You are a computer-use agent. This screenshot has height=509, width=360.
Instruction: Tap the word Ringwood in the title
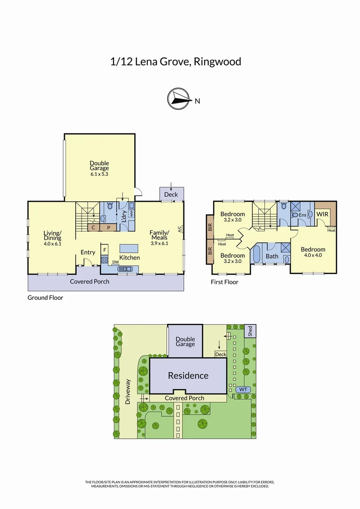(x=218, y=62)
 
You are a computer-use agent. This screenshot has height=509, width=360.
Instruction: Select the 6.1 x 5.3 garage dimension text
(x=99, y=174)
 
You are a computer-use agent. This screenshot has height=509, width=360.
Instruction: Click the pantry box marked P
(x=108, y=227)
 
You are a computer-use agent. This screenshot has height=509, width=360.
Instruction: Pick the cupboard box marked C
(x=93, y=227)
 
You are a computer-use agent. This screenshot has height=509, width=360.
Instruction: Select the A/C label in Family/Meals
(x=180, y=230)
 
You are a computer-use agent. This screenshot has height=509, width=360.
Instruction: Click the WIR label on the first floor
(x=322, y=214)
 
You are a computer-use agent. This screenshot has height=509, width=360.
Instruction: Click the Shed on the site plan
(x=250, y=330)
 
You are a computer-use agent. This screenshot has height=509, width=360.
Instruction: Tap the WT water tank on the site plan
(x=243, y=389)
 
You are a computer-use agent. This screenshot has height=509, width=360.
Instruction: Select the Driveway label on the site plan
(x=128, y=392)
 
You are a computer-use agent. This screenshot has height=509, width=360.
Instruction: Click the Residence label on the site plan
(x=188, y=376)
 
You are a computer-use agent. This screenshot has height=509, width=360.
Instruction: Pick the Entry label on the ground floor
(x=88, y=252)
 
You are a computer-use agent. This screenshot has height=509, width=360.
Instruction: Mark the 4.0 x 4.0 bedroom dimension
(x=313, y=256)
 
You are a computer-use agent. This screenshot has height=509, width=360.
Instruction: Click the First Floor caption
(x=225, y=282)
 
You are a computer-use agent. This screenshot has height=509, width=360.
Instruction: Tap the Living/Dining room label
(x=52, y=236)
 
